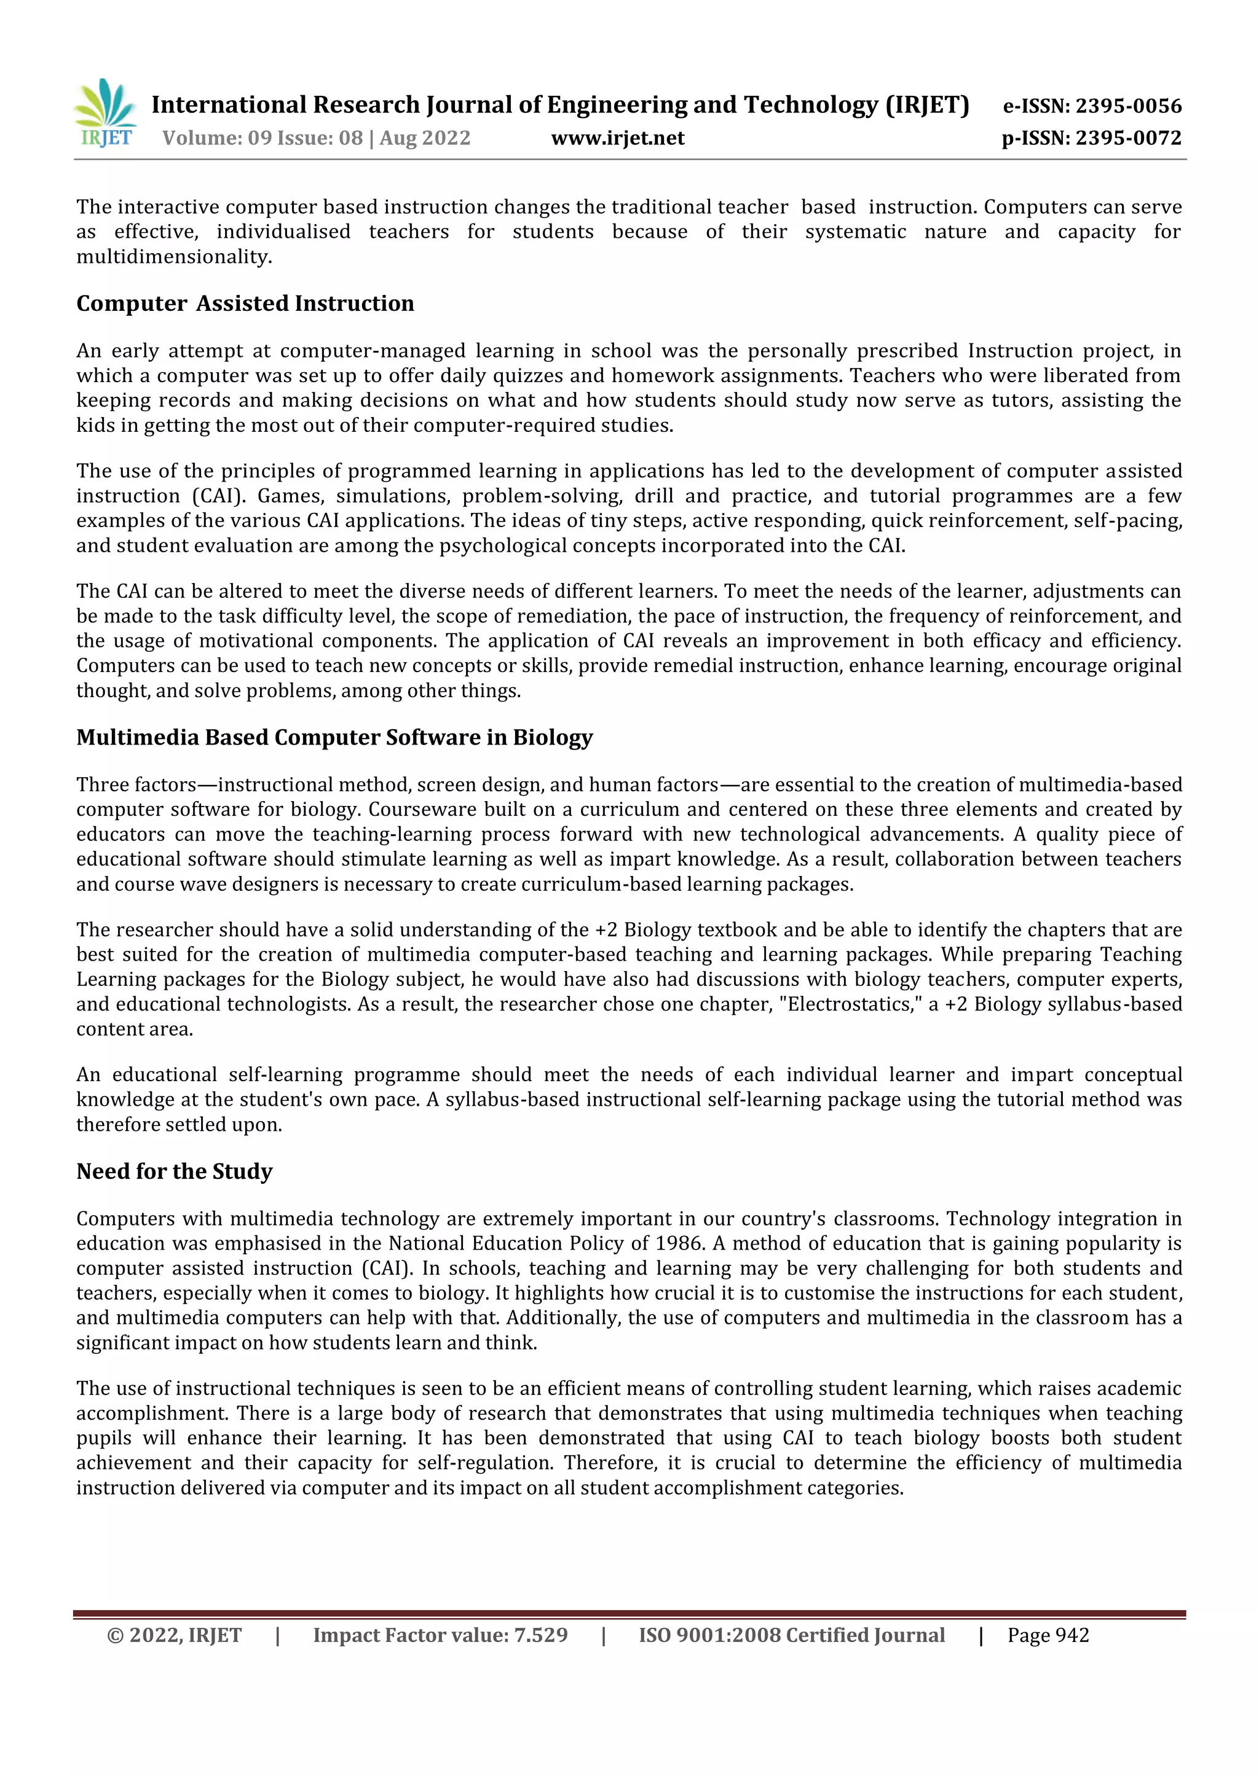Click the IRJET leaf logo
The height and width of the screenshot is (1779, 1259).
point(106,113)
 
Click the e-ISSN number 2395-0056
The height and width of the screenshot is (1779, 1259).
point(1128,106)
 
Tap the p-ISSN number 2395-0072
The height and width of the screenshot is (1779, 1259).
point(1128,138)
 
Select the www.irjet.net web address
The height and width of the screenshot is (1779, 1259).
point(618,138)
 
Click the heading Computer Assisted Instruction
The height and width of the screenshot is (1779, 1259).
point(245,303)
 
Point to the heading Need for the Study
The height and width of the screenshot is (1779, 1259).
point(175,1171)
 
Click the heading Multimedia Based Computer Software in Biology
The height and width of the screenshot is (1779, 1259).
point(334,737)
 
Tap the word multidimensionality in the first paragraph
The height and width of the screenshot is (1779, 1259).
point(173,256)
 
